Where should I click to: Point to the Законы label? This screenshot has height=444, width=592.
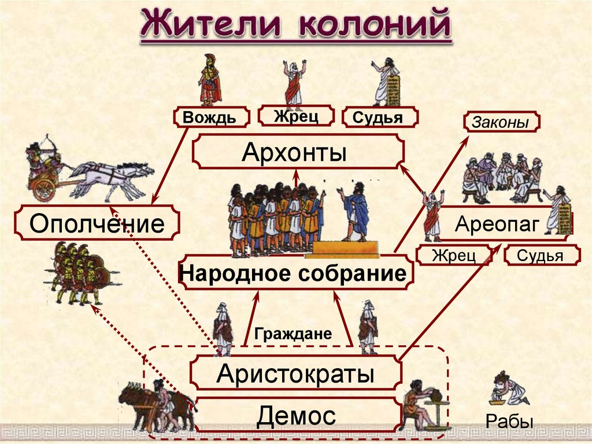coord(501,122)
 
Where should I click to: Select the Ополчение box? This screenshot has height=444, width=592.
coord(97,223)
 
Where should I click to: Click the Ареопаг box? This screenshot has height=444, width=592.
coord(499,223)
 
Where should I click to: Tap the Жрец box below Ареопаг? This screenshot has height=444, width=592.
coord(454,255)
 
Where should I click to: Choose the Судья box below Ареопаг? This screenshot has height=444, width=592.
coord(540,255)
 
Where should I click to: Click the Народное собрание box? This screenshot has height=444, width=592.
coord(295,273)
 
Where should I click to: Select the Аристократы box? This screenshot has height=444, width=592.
coord(295,373)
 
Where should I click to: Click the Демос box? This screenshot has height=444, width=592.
coord(296,415)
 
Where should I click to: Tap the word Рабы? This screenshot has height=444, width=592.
coord(509,421)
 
